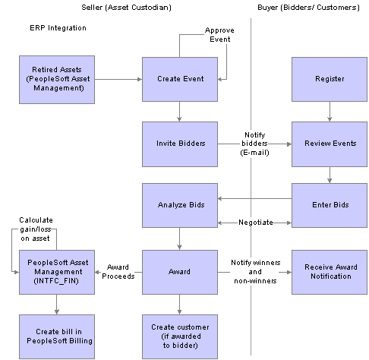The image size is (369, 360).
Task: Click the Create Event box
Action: (x=180, y=79)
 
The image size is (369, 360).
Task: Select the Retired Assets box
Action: (x=57, y=80)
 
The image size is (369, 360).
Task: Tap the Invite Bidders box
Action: (x=180, y=144)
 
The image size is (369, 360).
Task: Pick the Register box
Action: (x=330, y=79)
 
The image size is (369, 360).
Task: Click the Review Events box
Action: (x=330, y=144)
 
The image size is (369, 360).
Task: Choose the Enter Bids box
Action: (x=330, y=205)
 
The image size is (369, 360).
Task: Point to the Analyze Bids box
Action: (x=180, y=205)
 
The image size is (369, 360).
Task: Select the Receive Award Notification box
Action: (x=330, y=272)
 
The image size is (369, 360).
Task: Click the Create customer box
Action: (x=180, y=336)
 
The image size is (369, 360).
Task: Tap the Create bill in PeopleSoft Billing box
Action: (x=57, y=336)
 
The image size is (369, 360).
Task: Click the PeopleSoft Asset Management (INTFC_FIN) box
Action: (x=57, y=272)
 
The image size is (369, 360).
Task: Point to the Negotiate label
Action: (x=256, y=223)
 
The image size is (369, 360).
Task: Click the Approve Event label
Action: (x=219, y=35)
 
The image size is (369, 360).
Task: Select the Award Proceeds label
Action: (x=118, y=272)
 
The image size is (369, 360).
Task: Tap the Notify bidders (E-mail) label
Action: (x=254, y=144)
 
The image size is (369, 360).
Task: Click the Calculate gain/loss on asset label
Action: (x=36, y=229)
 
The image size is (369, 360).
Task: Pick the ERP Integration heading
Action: (x=58, y=28)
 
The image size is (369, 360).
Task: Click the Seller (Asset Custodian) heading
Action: (x=126, y=8)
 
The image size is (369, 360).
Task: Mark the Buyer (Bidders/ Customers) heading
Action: (x=308, y=8)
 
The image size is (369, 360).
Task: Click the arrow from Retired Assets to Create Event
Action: (x=118, y=79)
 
